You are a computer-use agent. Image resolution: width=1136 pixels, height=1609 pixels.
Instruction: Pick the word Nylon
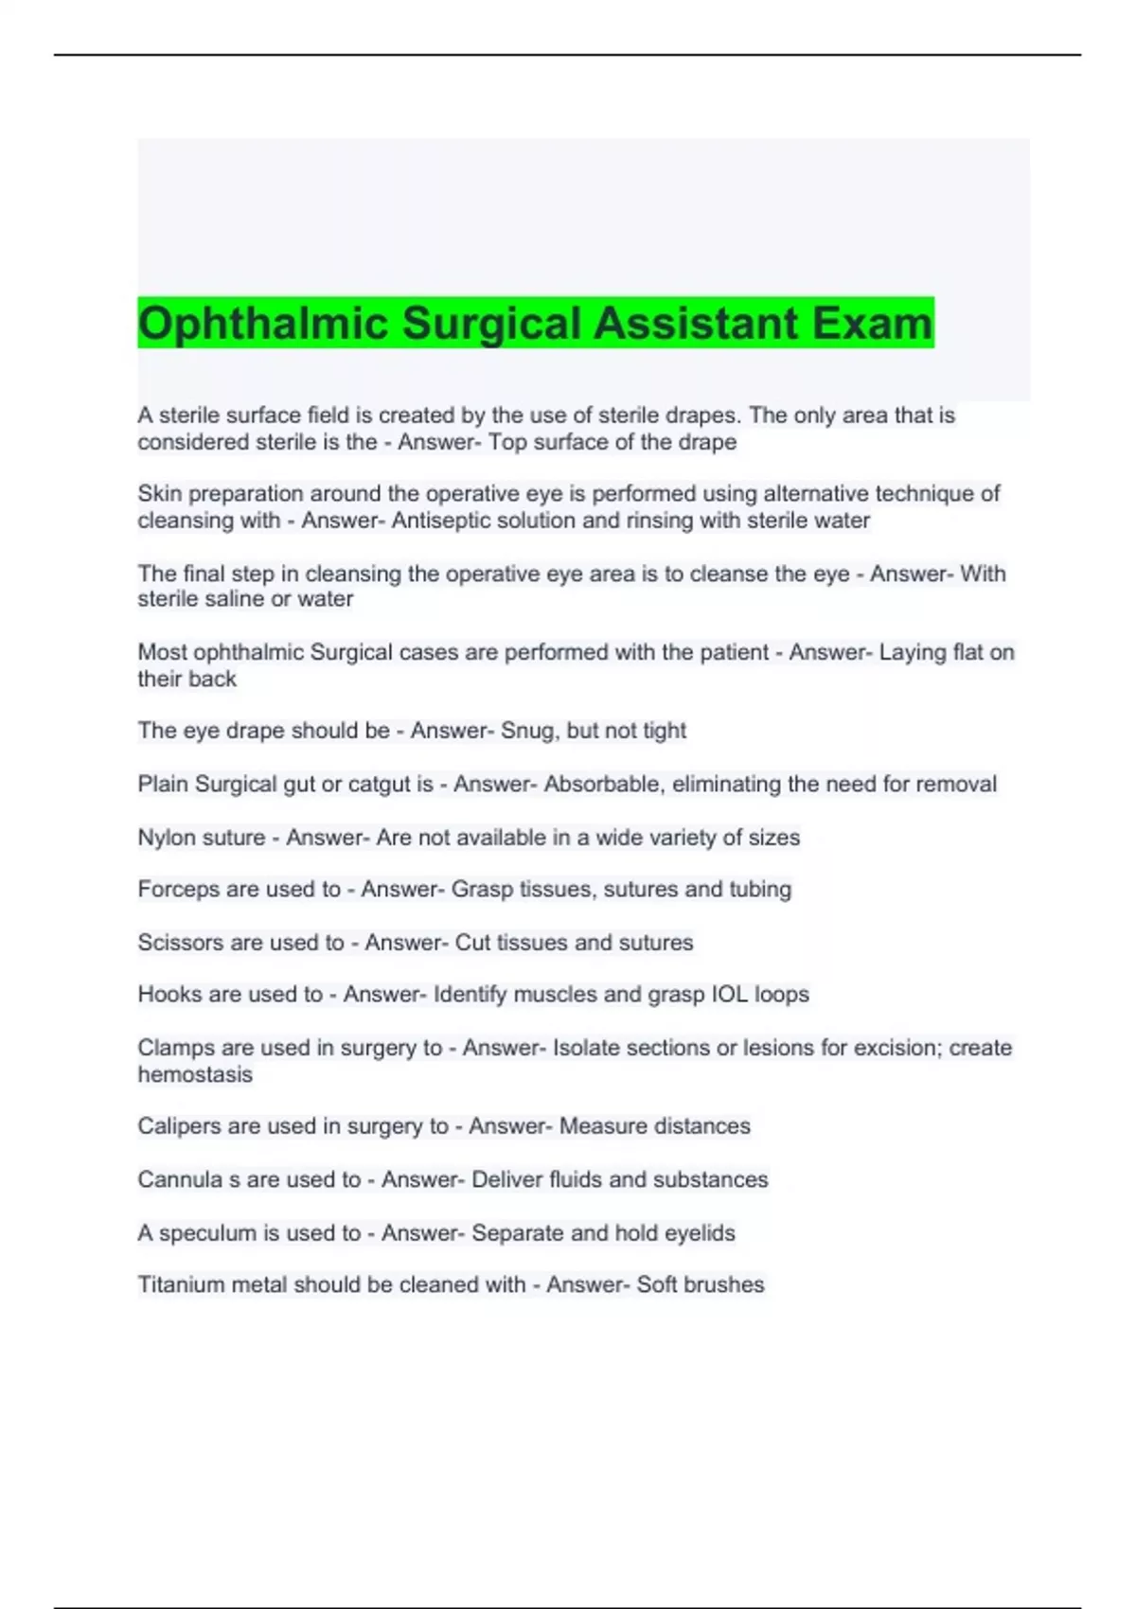click(168, 838)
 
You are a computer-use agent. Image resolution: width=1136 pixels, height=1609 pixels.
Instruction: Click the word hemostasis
click(195, 1075)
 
